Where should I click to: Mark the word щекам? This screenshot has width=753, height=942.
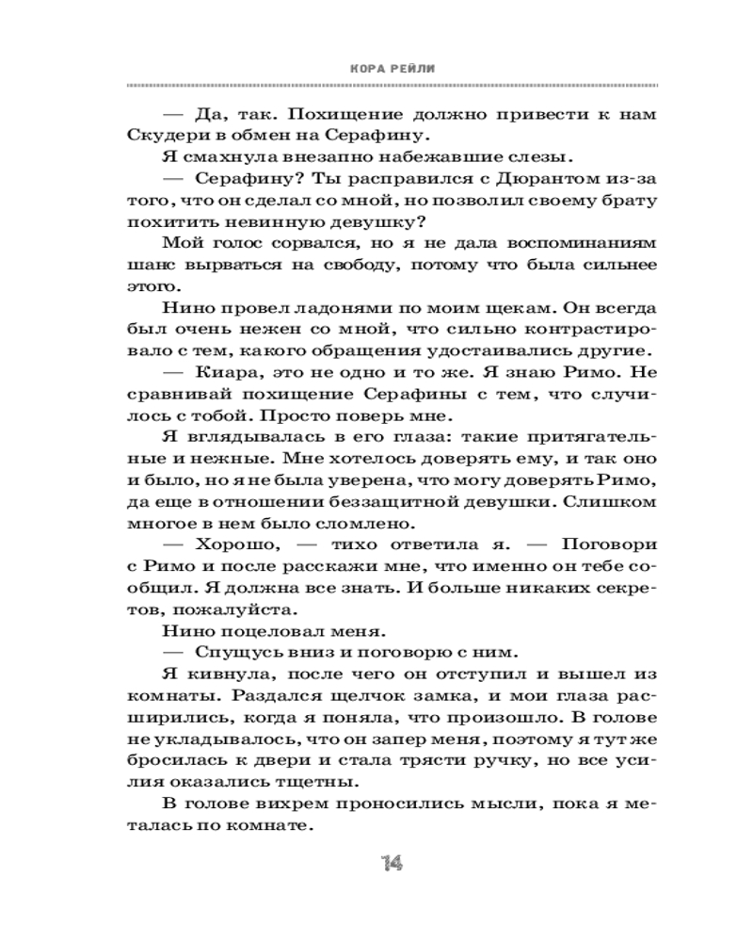click(507, 309)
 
